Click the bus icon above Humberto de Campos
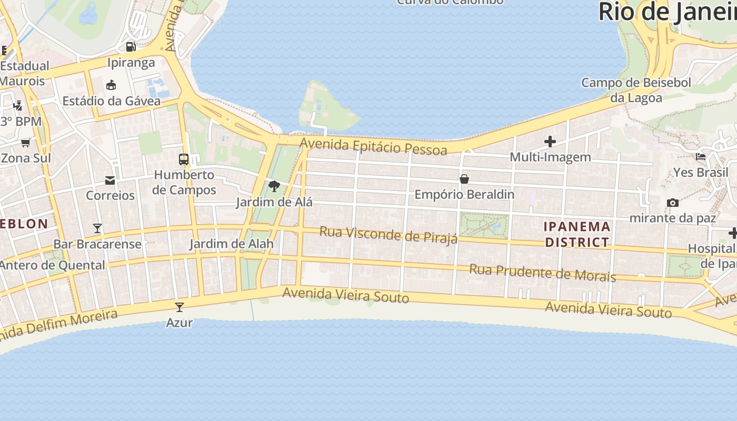point(184,159)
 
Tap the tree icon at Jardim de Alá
point(274,186)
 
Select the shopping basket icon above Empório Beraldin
point(464,179)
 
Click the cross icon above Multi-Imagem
point(550,142)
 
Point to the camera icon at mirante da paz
point(672,203)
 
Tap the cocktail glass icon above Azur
point(180,307)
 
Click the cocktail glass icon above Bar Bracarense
point(97,228)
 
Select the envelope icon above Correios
point(110,181)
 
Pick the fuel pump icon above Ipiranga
point(131,47)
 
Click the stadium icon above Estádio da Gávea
point(111,85)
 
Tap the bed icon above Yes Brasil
point(701,156)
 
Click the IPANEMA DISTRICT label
point(577,235)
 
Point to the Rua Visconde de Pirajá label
point(389,235)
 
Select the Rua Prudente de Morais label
point(542,273)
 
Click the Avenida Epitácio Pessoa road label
point(373,147)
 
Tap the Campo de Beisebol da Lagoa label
point(636,90)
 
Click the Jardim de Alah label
point(232,244)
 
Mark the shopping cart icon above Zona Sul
point(25,143)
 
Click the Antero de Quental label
point(53,265)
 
